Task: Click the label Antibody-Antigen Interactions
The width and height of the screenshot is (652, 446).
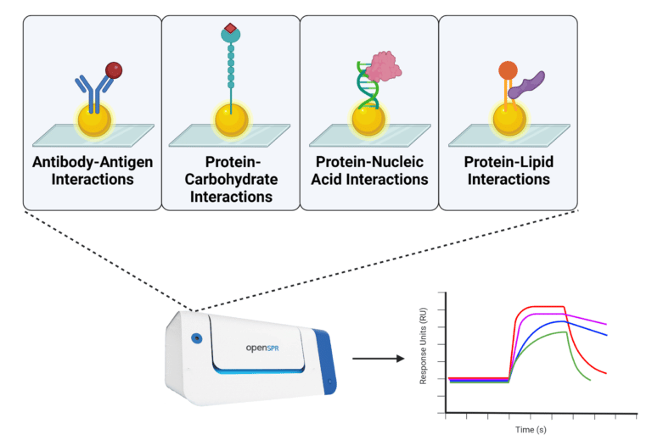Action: point(93,170)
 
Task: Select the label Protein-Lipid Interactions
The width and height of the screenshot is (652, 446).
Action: point(508,170)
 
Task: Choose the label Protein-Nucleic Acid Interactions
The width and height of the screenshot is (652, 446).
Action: point(369,170)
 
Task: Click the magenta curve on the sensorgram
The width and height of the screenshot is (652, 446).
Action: point(586,319)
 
